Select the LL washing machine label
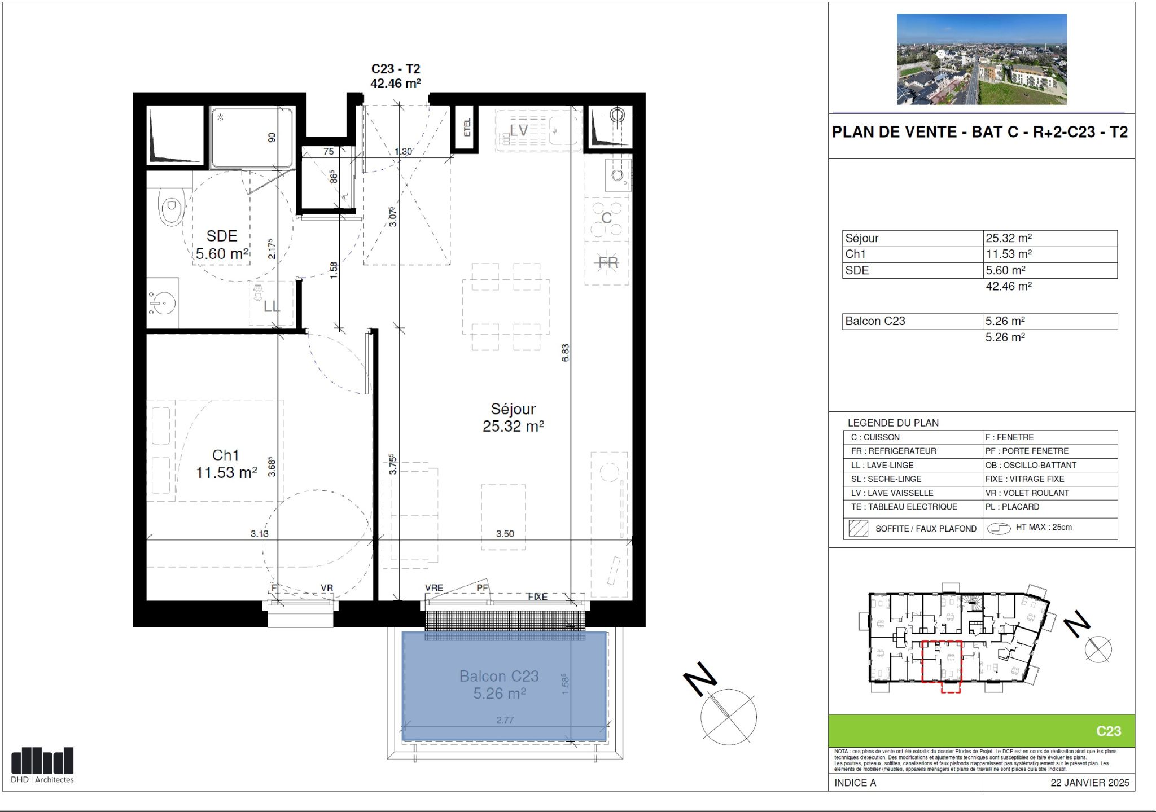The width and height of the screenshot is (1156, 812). pos(272,306)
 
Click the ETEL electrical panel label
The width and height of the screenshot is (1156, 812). pos(467,128)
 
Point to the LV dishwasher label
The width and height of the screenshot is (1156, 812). pos(519,130)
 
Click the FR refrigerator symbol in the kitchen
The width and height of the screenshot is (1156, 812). pos(607,262)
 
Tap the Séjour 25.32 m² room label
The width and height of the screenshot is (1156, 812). pos(513,418)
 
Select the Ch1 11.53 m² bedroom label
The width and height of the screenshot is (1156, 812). pos(226,464)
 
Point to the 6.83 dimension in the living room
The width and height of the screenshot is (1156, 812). pos(566,353)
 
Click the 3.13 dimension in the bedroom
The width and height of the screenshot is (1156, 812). pos(260,534)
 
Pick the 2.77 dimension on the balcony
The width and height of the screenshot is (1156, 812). pos(505,720)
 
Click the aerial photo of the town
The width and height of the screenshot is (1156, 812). pos(982,59)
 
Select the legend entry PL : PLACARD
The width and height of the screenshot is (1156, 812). pos(1012,507)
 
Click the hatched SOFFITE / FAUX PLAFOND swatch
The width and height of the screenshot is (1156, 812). pos(858,529)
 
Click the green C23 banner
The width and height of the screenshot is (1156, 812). pos(982,731)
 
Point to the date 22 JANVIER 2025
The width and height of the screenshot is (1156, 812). pos(1089,783)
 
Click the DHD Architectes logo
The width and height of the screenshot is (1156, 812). pos(42,765)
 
